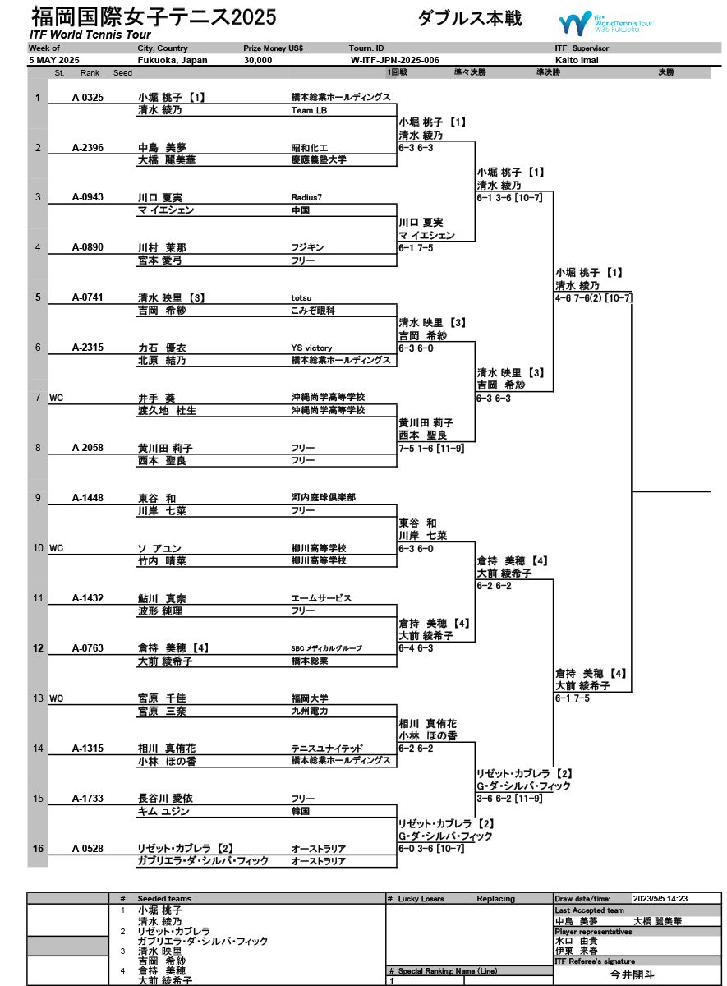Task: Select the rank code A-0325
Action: click(x=88, y=98)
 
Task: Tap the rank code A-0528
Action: click(x=88, y=849)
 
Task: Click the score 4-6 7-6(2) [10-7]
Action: click(x=593, y=297)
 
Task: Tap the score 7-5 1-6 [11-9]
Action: click(x=431, y=448)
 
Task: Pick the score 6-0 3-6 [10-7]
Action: click(x=431, y=849)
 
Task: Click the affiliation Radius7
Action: click(x=306, y=198)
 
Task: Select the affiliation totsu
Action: click(x=302, y=298)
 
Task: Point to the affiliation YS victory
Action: click(x=311, y=348)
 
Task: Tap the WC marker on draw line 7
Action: click(x=56, y=398)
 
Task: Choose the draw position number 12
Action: click(x=38, y=648)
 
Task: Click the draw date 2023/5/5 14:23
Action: click(x=660, y=899)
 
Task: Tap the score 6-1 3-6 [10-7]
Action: click(x=515, y=198)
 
